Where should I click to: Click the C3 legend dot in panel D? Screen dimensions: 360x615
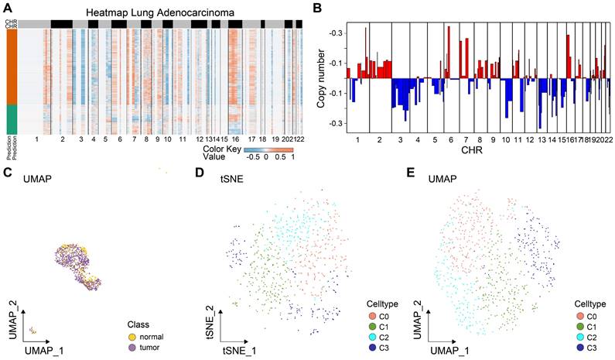coord(372,349)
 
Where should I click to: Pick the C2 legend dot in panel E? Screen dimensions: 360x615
coord(581,338)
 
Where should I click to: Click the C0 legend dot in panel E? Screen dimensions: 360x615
coord(581,317)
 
